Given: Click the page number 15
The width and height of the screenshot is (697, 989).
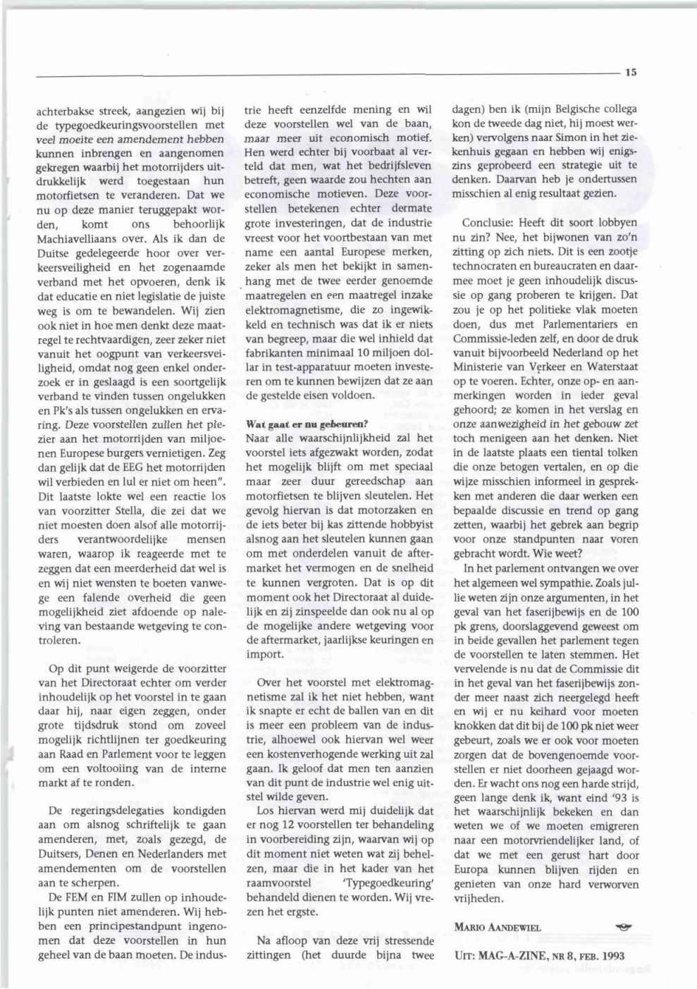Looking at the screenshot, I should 631,72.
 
